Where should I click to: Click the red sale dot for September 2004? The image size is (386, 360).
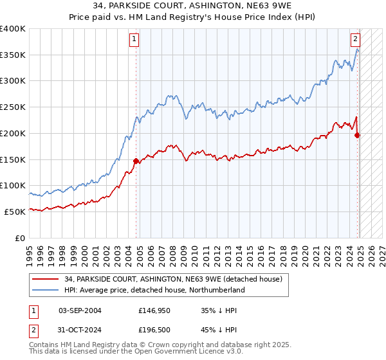pos(136,161)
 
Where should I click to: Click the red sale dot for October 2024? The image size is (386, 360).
pos(358,135)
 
